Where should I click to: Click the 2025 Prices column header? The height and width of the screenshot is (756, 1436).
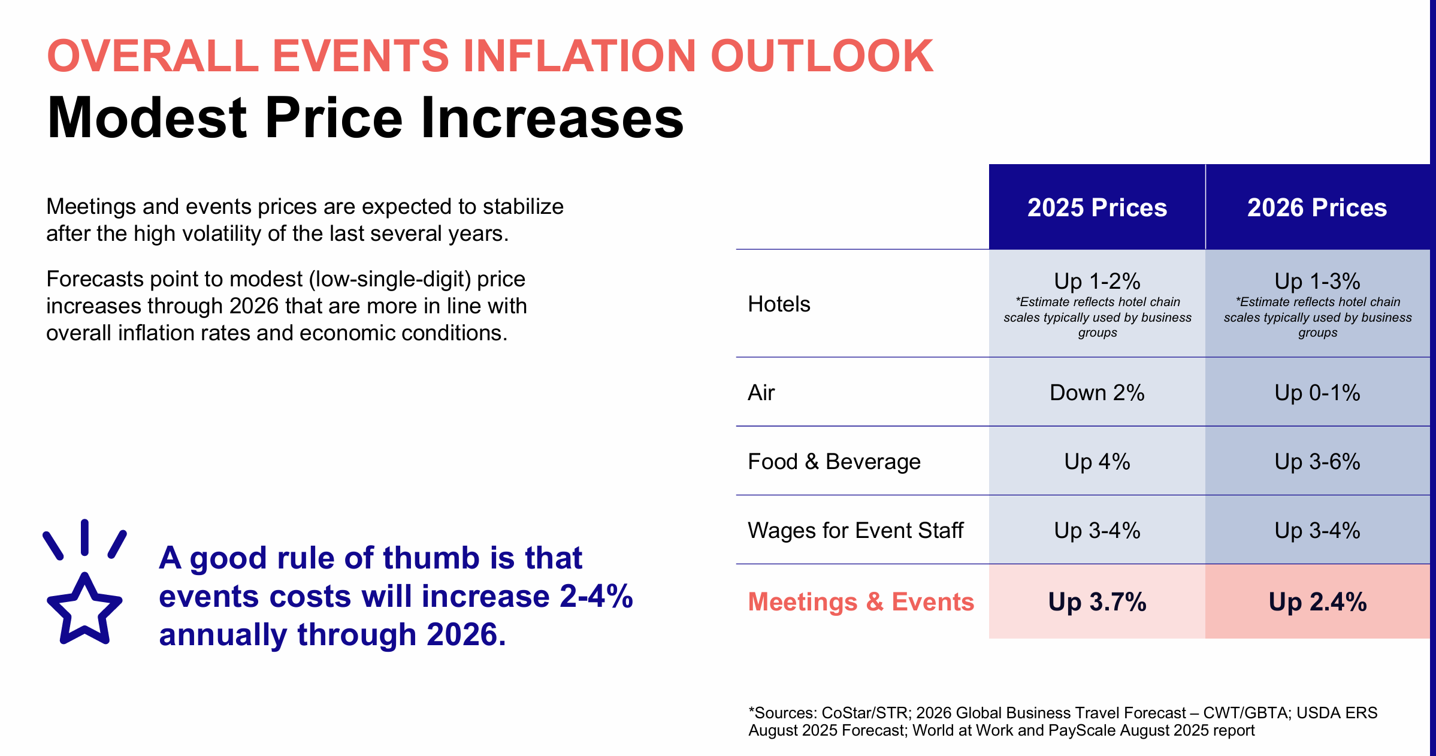1097,207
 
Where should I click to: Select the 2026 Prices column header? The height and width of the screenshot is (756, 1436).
1317,207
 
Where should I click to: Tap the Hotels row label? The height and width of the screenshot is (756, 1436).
779,304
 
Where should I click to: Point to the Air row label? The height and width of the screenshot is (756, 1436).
761,393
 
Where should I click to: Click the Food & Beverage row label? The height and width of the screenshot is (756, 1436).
834,462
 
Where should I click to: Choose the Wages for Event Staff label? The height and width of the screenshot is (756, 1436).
855,531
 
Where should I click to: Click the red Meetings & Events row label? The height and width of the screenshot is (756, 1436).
861,601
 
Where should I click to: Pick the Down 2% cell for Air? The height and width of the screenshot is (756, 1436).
1097,393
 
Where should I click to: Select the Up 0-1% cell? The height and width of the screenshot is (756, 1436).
1317,393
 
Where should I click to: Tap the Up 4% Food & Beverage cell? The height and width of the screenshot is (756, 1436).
1097,462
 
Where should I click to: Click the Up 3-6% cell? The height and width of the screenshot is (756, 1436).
1317,462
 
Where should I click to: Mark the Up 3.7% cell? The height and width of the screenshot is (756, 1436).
1097,602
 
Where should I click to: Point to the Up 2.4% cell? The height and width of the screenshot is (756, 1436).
1317,602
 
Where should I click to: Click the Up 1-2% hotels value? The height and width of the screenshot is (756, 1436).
1097,281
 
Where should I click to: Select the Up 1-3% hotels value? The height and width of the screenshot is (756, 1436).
1317,281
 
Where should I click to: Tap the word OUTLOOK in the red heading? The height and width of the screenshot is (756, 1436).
821,56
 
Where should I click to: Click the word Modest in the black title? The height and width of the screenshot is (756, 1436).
147,118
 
